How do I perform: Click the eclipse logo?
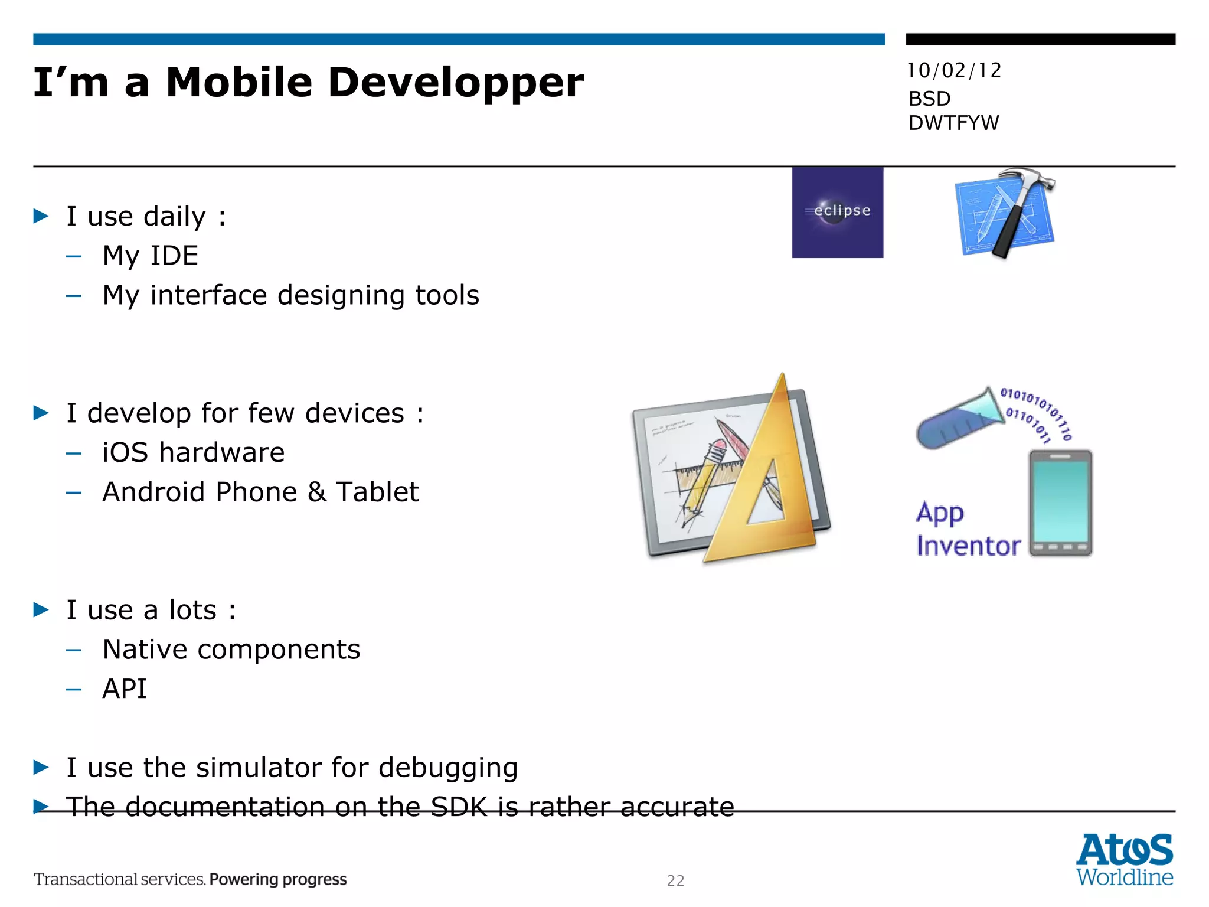click(x=837, y=212)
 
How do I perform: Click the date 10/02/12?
click(x=954, y=71)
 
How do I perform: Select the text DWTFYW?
click(x=953, y=123)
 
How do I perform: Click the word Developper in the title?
click(x=455, y=83)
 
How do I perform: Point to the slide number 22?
click(x=675, y=880)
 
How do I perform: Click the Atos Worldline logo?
click(x=1124, y=859)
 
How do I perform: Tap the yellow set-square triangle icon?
click(x=762, y=484)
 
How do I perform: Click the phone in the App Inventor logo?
click(x=1060, y=503)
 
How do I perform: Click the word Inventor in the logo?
click(x=968, y=546)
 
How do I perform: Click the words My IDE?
click(x=150, y=256)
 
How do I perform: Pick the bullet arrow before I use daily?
click(x=41, y=216)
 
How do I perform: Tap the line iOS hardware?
click(x=193, y=453)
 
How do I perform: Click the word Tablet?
click(x=377, y=492)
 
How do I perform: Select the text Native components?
click(x=231, y=650)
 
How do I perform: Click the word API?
click(x=125, y=689)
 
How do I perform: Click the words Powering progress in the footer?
click(x=277, y=879)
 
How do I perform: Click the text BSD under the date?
click(x=929, y=99)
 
